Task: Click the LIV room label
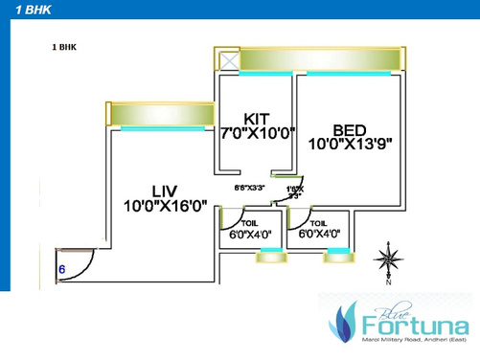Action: [166, 188]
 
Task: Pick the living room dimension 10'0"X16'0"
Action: [166, 204]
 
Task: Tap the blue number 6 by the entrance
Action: [62, 271]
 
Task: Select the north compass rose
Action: [387, 259]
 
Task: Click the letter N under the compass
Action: [388, 282]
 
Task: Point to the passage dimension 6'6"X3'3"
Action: [250, 189]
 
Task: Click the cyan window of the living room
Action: [159, 127]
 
